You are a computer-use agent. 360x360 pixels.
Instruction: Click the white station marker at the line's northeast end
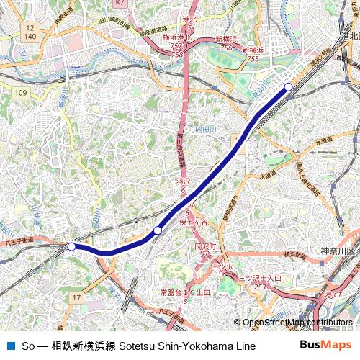point(289,87)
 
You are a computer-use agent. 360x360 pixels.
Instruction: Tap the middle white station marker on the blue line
point(157,230)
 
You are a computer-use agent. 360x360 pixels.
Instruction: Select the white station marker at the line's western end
point(71,246)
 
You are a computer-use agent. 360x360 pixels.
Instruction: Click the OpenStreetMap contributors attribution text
point(297,323)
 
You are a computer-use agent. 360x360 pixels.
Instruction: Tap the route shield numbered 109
point(20,93)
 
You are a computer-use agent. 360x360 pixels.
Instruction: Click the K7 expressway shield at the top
point(120,4)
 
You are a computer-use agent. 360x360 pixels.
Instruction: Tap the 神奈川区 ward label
point(337,250)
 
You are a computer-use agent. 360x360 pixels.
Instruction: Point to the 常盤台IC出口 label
point(185,294)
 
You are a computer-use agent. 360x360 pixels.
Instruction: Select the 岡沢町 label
point(205,246)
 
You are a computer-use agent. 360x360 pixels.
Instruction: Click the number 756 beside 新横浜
point(226,48)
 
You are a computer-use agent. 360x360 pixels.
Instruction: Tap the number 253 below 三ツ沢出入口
point(260,287)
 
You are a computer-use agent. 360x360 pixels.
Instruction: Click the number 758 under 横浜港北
point(177,54)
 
